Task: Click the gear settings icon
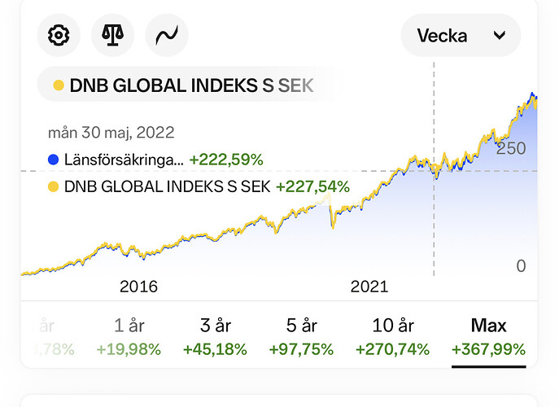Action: click(x=59, y=36)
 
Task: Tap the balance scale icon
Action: click(x=112, y=36)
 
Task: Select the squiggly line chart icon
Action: click(x=166, y=36)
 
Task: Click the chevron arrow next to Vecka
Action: click(x=500, y=36)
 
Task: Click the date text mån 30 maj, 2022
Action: click(x=111, y=132)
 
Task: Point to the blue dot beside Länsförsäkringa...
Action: click(x=54, y=160)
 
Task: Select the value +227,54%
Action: click(x=312, y=186)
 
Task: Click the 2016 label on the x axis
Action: click(x=138, y=287)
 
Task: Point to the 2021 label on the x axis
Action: click(x=369, y=287)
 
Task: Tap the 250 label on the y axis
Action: click(x=511, y=148)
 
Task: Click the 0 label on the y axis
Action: click(x=521, y=265)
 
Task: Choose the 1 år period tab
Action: click(x=129, y=326)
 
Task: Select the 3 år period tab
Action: click(x=215, y=326)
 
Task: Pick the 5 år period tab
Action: click(x=301, y=326)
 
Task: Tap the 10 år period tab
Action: click(x=393, y=326)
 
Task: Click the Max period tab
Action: click(x=488, y=326)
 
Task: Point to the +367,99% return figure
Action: click(x=488, y=350)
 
